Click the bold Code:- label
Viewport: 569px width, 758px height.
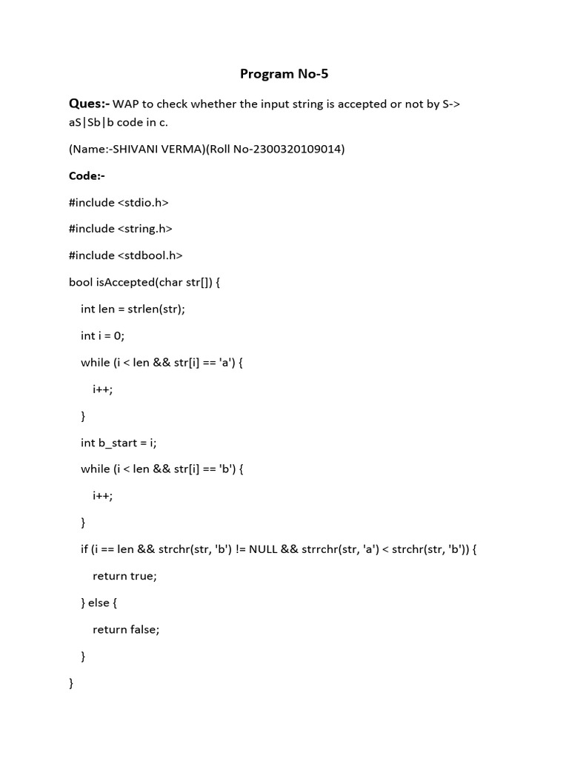click(87, 175)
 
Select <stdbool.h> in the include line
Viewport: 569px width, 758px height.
click(150, 255)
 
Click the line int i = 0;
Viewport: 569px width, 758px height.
click(103, 335)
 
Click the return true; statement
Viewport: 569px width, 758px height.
click(125, 575)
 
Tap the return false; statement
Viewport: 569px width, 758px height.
click(126, 628)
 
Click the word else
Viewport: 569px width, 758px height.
click(99, 602)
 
